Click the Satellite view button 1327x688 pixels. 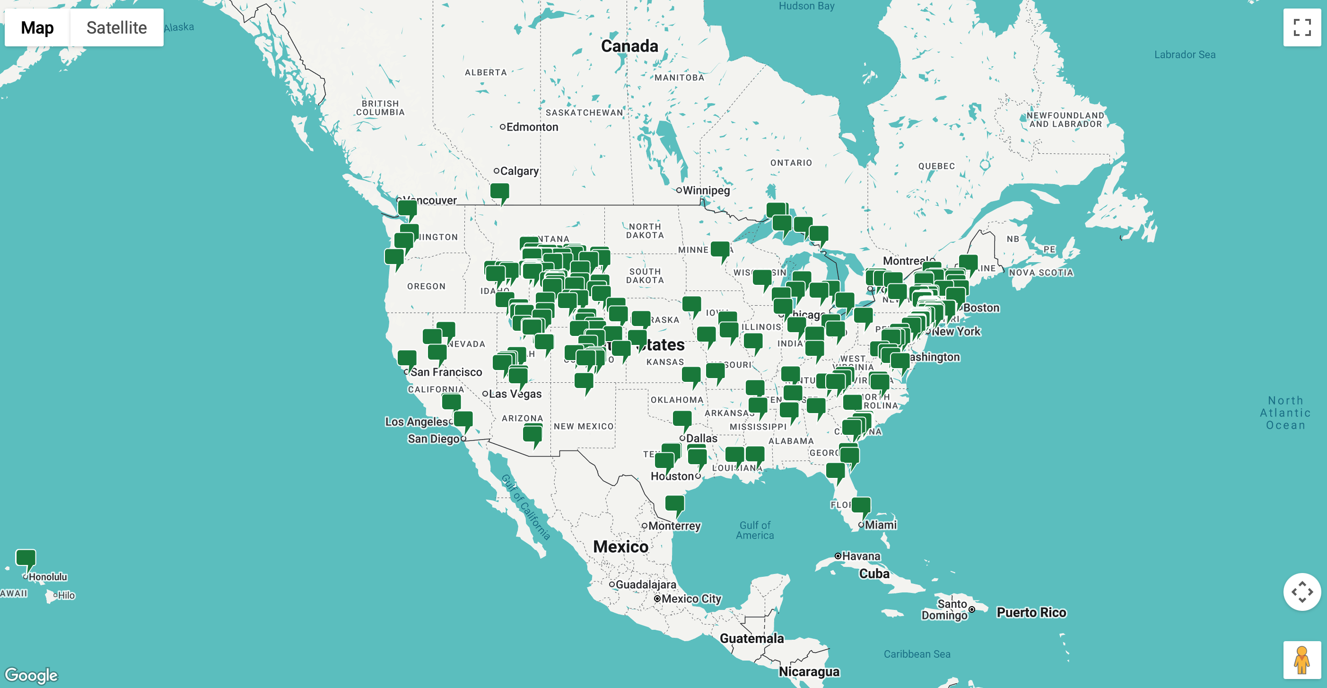[116, 27]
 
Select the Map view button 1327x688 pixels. [37, 27]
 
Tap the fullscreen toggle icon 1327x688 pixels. [1302, 27]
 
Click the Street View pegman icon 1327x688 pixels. [1302, 660]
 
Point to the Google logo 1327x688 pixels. [31, 675]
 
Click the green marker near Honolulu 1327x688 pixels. [26, 557]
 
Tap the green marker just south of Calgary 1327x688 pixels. [500, 192]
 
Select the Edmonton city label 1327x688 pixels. [532, 127]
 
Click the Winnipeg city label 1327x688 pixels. [706, 190]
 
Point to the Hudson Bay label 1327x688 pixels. [806, 6]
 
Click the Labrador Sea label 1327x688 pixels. [1184, 54]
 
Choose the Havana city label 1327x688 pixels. [861, 556]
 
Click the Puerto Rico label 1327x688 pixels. [1031, 612]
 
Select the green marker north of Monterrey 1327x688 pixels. [675, 503]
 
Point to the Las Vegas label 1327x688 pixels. [515, 394]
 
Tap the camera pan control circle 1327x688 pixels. [1302, 591]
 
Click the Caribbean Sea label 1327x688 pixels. [917, 654]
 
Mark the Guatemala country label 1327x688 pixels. [751, 638]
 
